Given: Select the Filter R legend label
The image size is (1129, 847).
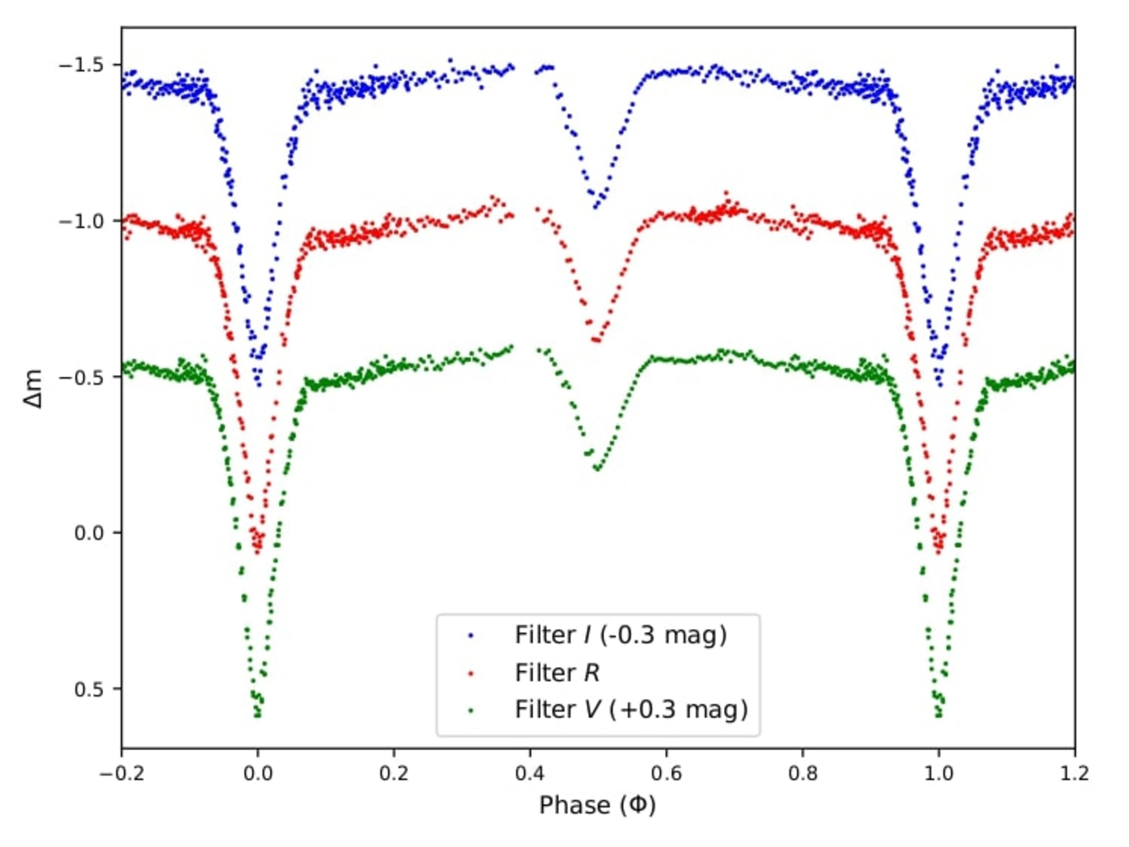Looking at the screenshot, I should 557,673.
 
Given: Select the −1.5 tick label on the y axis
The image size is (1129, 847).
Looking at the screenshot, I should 82,65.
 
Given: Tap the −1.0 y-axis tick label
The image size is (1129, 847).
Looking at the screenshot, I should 82,222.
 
